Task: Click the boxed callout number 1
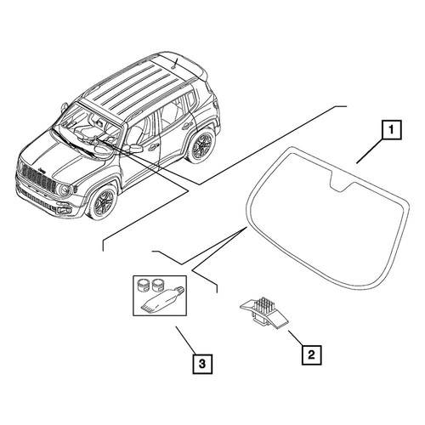(x=392, y=130)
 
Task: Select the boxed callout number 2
(x=311, y=354)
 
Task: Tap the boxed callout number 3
(x=202, y=364)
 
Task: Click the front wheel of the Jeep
(x=104, y=202)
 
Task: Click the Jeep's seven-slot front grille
(x=38, y=178)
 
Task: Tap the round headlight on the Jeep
(x=65, y=190)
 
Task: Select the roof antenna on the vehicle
(x=174, y=64)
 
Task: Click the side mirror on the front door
(x=135, y=149)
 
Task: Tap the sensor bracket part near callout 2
(x=264, y=313)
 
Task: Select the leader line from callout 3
(x=185, y=340)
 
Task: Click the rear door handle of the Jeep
(x=186, y=126)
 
